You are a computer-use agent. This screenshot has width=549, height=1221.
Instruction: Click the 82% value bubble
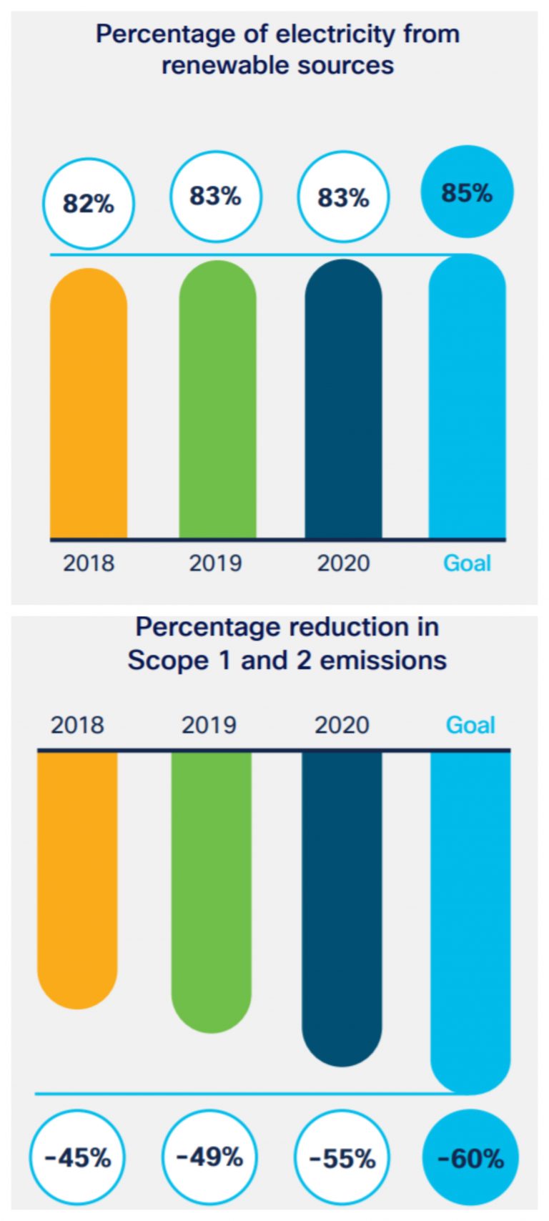tap(89, 204)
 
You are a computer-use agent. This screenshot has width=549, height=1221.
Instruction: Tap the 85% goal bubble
tap(467, 192)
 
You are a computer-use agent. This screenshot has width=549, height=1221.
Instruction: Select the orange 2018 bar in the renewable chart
tap(89, 404)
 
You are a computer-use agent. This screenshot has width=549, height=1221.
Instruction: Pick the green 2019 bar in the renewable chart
tap(217, 400)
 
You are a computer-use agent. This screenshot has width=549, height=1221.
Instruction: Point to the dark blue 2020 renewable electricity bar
tap(343, 400)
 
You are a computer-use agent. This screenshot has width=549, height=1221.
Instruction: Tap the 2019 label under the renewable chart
tap(215, 563)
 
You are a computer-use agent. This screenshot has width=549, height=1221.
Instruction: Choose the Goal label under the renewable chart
tap(467, 563)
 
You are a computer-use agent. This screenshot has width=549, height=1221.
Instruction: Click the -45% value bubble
tap(77, 1157)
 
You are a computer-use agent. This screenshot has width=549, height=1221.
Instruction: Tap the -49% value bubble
tap(209, 1157)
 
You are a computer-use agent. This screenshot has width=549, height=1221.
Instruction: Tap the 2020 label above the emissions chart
tap(342, 725)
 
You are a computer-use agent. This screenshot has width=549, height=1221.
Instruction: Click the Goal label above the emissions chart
tap(470, 725)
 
